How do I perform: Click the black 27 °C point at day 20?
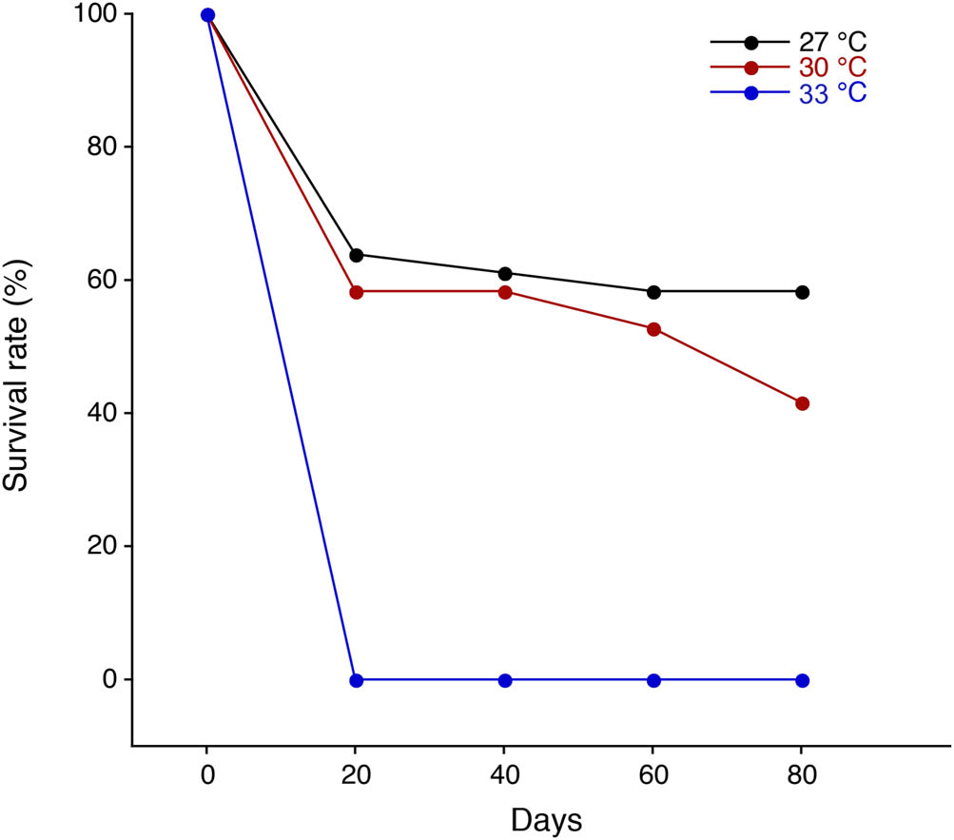357,255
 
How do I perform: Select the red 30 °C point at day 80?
802,403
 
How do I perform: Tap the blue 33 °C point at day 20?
357,680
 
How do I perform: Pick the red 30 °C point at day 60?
653,329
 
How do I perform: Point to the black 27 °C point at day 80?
802,292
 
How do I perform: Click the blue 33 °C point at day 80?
802,680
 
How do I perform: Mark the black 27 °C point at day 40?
505,274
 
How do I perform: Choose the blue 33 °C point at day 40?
505,680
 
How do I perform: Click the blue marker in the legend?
750,93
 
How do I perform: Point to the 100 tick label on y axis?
96,15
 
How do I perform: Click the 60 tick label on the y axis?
103,281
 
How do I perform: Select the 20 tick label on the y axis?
103,546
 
